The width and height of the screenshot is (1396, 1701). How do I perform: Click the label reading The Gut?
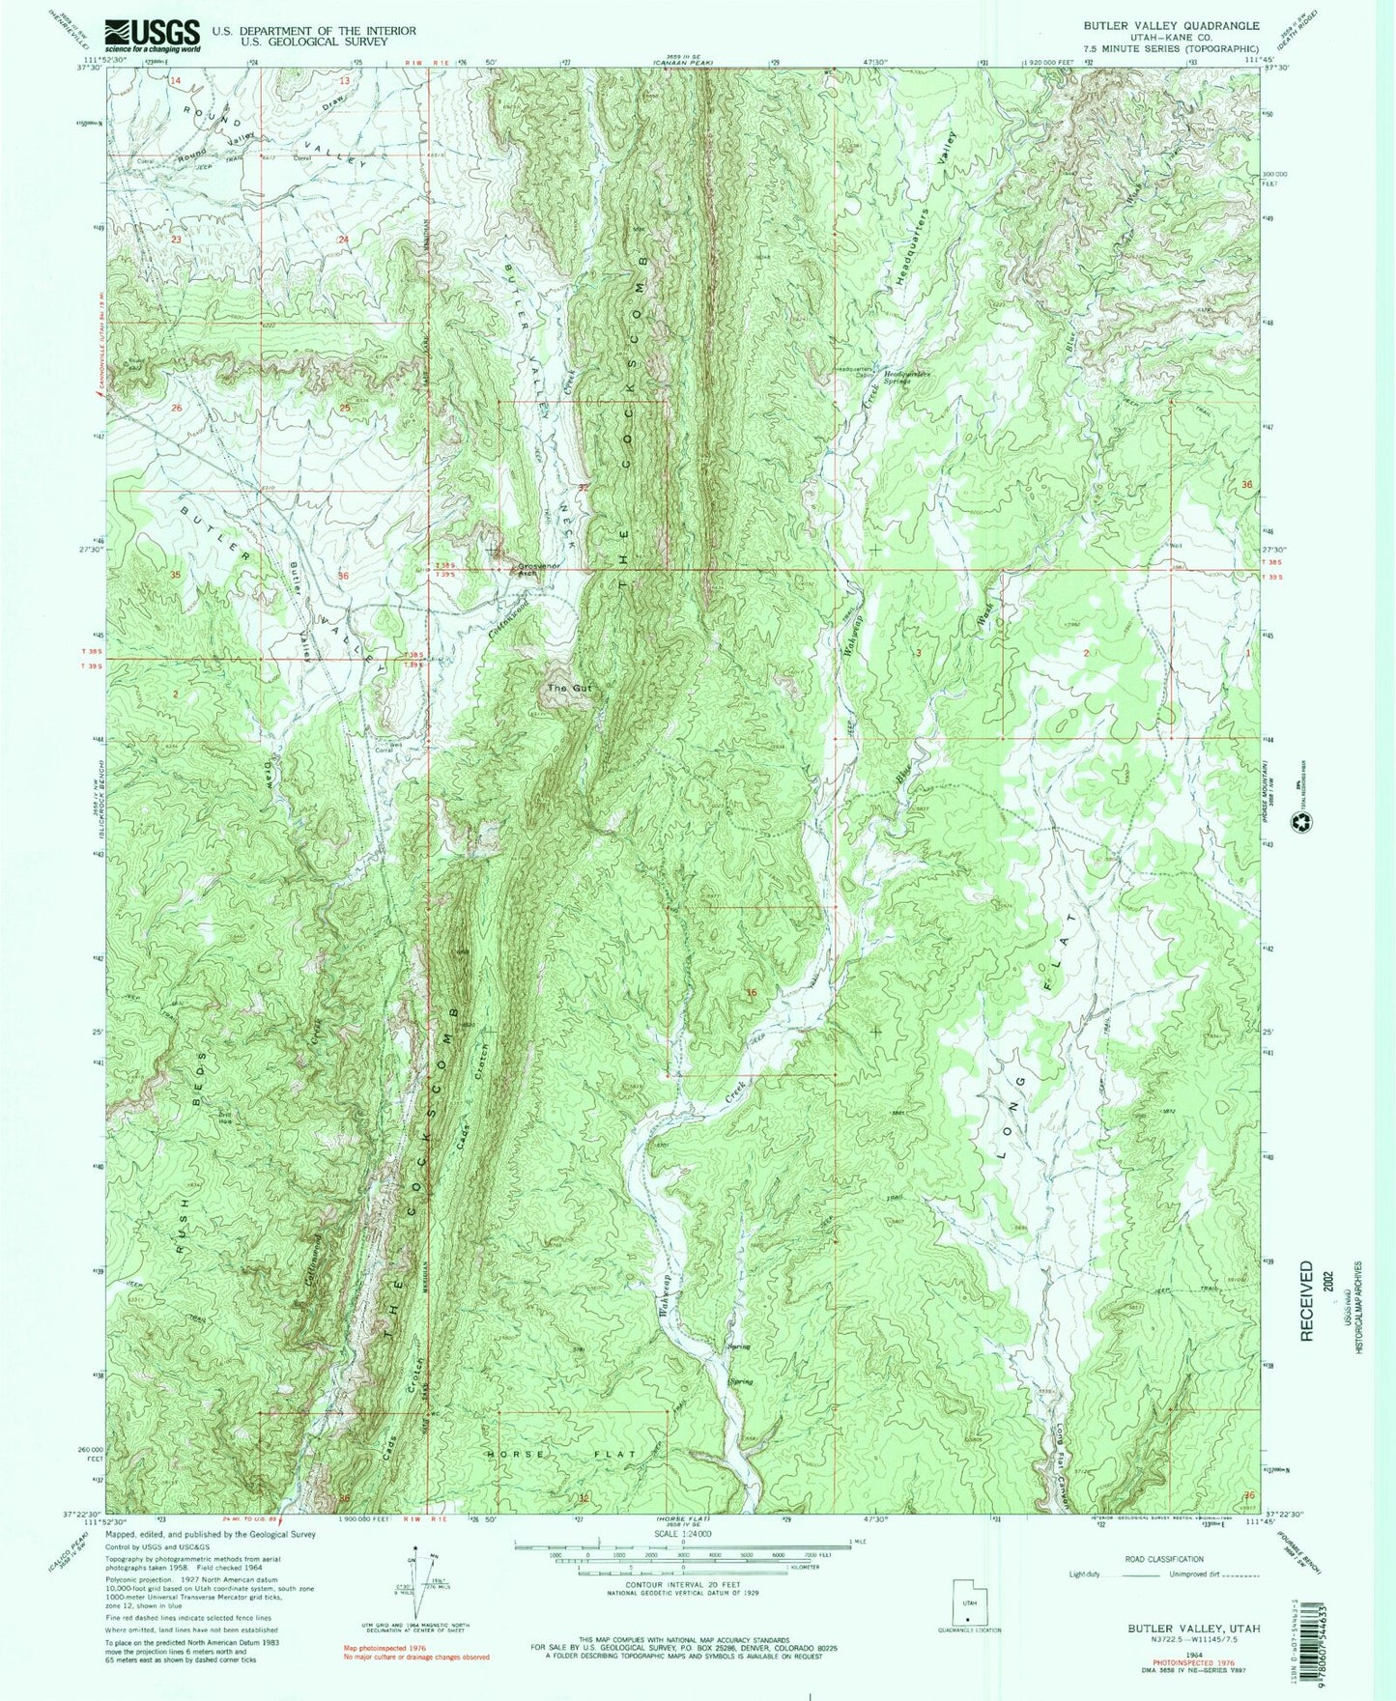pos(567,689)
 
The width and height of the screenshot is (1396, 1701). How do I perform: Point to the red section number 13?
pos(343,80)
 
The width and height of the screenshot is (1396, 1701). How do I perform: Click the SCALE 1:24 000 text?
pos(682,1533)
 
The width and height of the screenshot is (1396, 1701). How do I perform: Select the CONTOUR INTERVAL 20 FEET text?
pos(682,1584)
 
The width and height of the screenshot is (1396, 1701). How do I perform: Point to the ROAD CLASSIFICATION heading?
pos(1164,1559)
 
